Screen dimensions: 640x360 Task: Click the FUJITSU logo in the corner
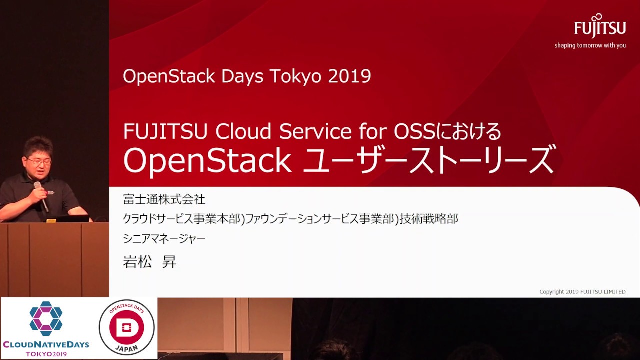(x=600, y=26)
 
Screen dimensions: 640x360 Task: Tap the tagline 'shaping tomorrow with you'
(x=590, y=45)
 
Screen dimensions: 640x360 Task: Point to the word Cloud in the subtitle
(x=243, y=131)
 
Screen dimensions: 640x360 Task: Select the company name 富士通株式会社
(x=164, y=199)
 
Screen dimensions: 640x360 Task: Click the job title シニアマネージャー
(x=164, y=239)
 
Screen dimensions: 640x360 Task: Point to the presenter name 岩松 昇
(x=149, y=261)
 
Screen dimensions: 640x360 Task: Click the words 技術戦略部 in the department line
(x=429, y=219)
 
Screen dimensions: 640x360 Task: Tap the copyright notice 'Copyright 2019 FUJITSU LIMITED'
(x=582, y=292)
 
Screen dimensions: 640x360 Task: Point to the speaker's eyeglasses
(x=39, y=161)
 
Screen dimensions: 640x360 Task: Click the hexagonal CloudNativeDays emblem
(x=46, y=319)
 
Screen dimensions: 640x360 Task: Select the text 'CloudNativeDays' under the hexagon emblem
(x=46, y=344)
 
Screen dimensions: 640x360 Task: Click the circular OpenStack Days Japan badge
(x=126, y=327)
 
